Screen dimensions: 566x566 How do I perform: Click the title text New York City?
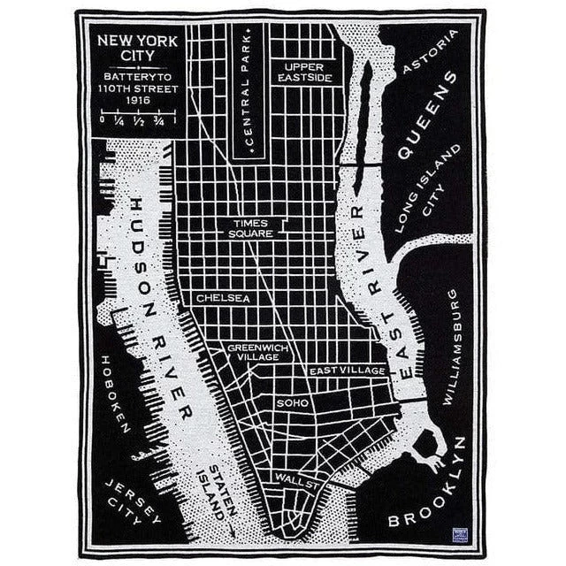click(137, 48)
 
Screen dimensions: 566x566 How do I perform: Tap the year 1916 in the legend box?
click(137, 100)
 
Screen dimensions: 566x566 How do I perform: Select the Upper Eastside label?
click(302, 73)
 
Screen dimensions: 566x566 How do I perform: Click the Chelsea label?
click(223, 298)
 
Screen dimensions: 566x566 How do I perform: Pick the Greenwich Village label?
click(257, 352)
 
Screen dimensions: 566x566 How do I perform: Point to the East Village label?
click(347, 370)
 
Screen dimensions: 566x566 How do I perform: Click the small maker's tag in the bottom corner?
click(460, 534)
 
